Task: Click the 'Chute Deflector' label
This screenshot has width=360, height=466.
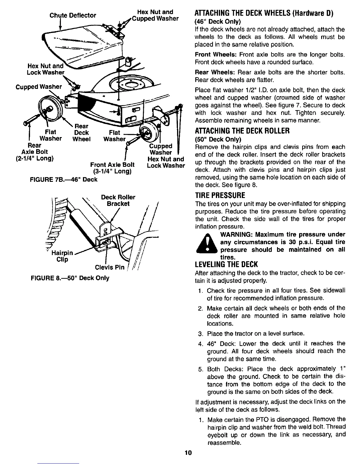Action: coord(73,15)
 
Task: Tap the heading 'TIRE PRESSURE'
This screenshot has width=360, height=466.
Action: coord(220,195)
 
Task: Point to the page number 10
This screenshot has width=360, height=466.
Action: coord(188,453)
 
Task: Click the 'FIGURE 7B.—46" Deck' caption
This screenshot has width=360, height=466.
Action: coord(64,179)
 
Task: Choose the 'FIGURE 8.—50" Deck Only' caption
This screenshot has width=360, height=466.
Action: coord(70,278)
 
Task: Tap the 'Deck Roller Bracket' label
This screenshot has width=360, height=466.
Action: coord(118,200)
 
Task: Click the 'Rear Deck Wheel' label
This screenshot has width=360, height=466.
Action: coord(81,133)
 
